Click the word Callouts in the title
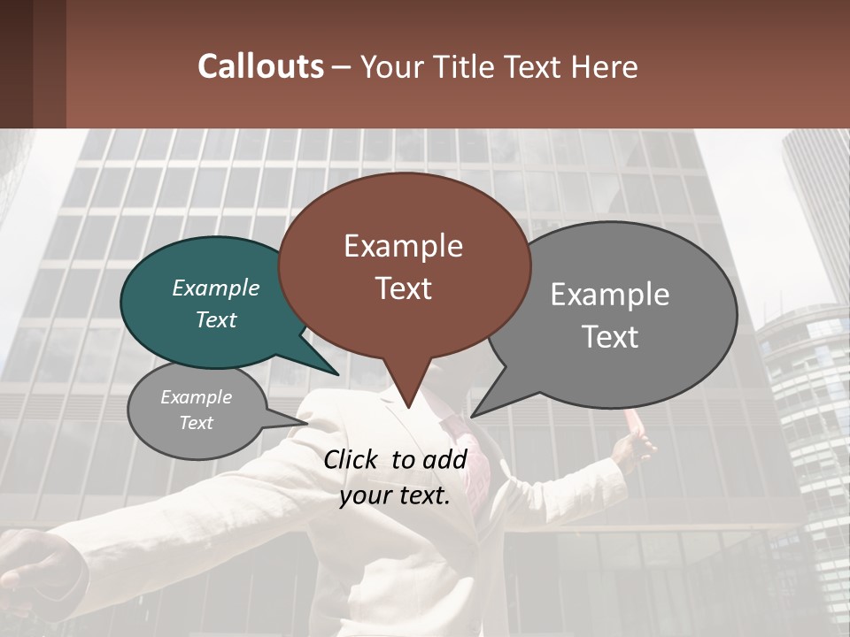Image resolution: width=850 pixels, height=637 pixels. coord(260,66)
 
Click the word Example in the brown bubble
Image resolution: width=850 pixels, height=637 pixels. coord(404,246)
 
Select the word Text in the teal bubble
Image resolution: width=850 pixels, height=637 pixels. coord(216,320)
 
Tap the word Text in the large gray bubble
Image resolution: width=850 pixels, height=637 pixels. coord(610,337)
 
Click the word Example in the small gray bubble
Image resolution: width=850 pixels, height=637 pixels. coord(197,397)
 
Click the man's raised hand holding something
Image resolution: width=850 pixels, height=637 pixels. coord(633,447)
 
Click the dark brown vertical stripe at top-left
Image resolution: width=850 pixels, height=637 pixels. coord(49,64)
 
